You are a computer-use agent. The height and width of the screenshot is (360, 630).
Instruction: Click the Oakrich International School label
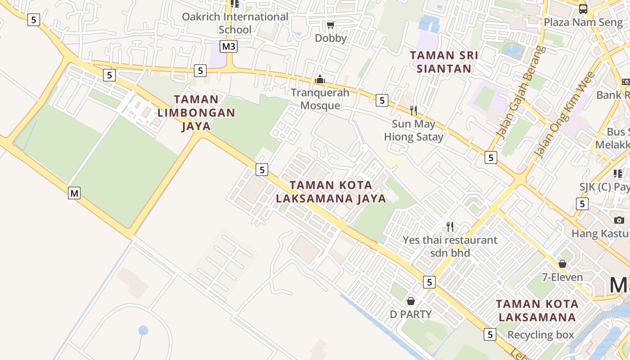[235, 23]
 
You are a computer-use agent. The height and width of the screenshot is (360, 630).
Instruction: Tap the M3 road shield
[229, 46]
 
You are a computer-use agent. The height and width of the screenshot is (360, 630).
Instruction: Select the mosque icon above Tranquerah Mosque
[320, 80]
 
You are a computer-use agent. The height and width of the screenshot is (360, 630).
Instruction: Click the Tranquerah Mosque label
[320, 99]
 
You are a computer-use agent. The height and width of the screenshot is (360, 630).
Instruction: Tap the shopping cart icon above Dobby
[331, 25]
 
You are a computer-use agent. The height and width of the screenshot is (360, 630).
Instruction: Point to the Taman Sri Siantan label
[444, 62]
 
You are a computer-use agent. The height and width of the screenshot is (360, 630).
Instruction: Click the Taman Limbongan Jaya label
[196, 112]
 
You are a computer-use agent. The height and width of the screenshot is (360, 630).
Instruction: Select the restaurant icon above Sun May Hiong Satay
[414, 110]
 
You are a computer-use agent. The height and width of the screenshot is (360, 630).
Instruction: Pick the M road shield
[74, 193]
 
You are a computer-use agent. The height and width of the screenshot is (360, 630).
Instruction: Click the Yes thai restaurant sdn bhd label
[450, 246]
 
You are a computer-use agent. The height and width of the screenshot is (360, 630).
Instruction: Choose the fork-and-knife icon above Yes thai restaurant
[450, 226]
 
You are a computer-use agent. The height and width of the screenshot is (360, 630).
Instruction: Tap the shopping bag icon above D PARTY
[410, 301]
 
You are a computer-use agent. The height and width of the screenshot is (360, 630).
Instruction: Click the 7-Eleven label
[562, 277]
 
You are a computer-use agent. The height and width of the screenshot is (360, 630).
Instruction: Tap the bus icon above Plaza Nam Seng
[583, 9]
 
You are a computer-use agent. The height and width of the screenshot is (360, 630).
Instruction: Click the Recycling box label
[540, 335]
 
